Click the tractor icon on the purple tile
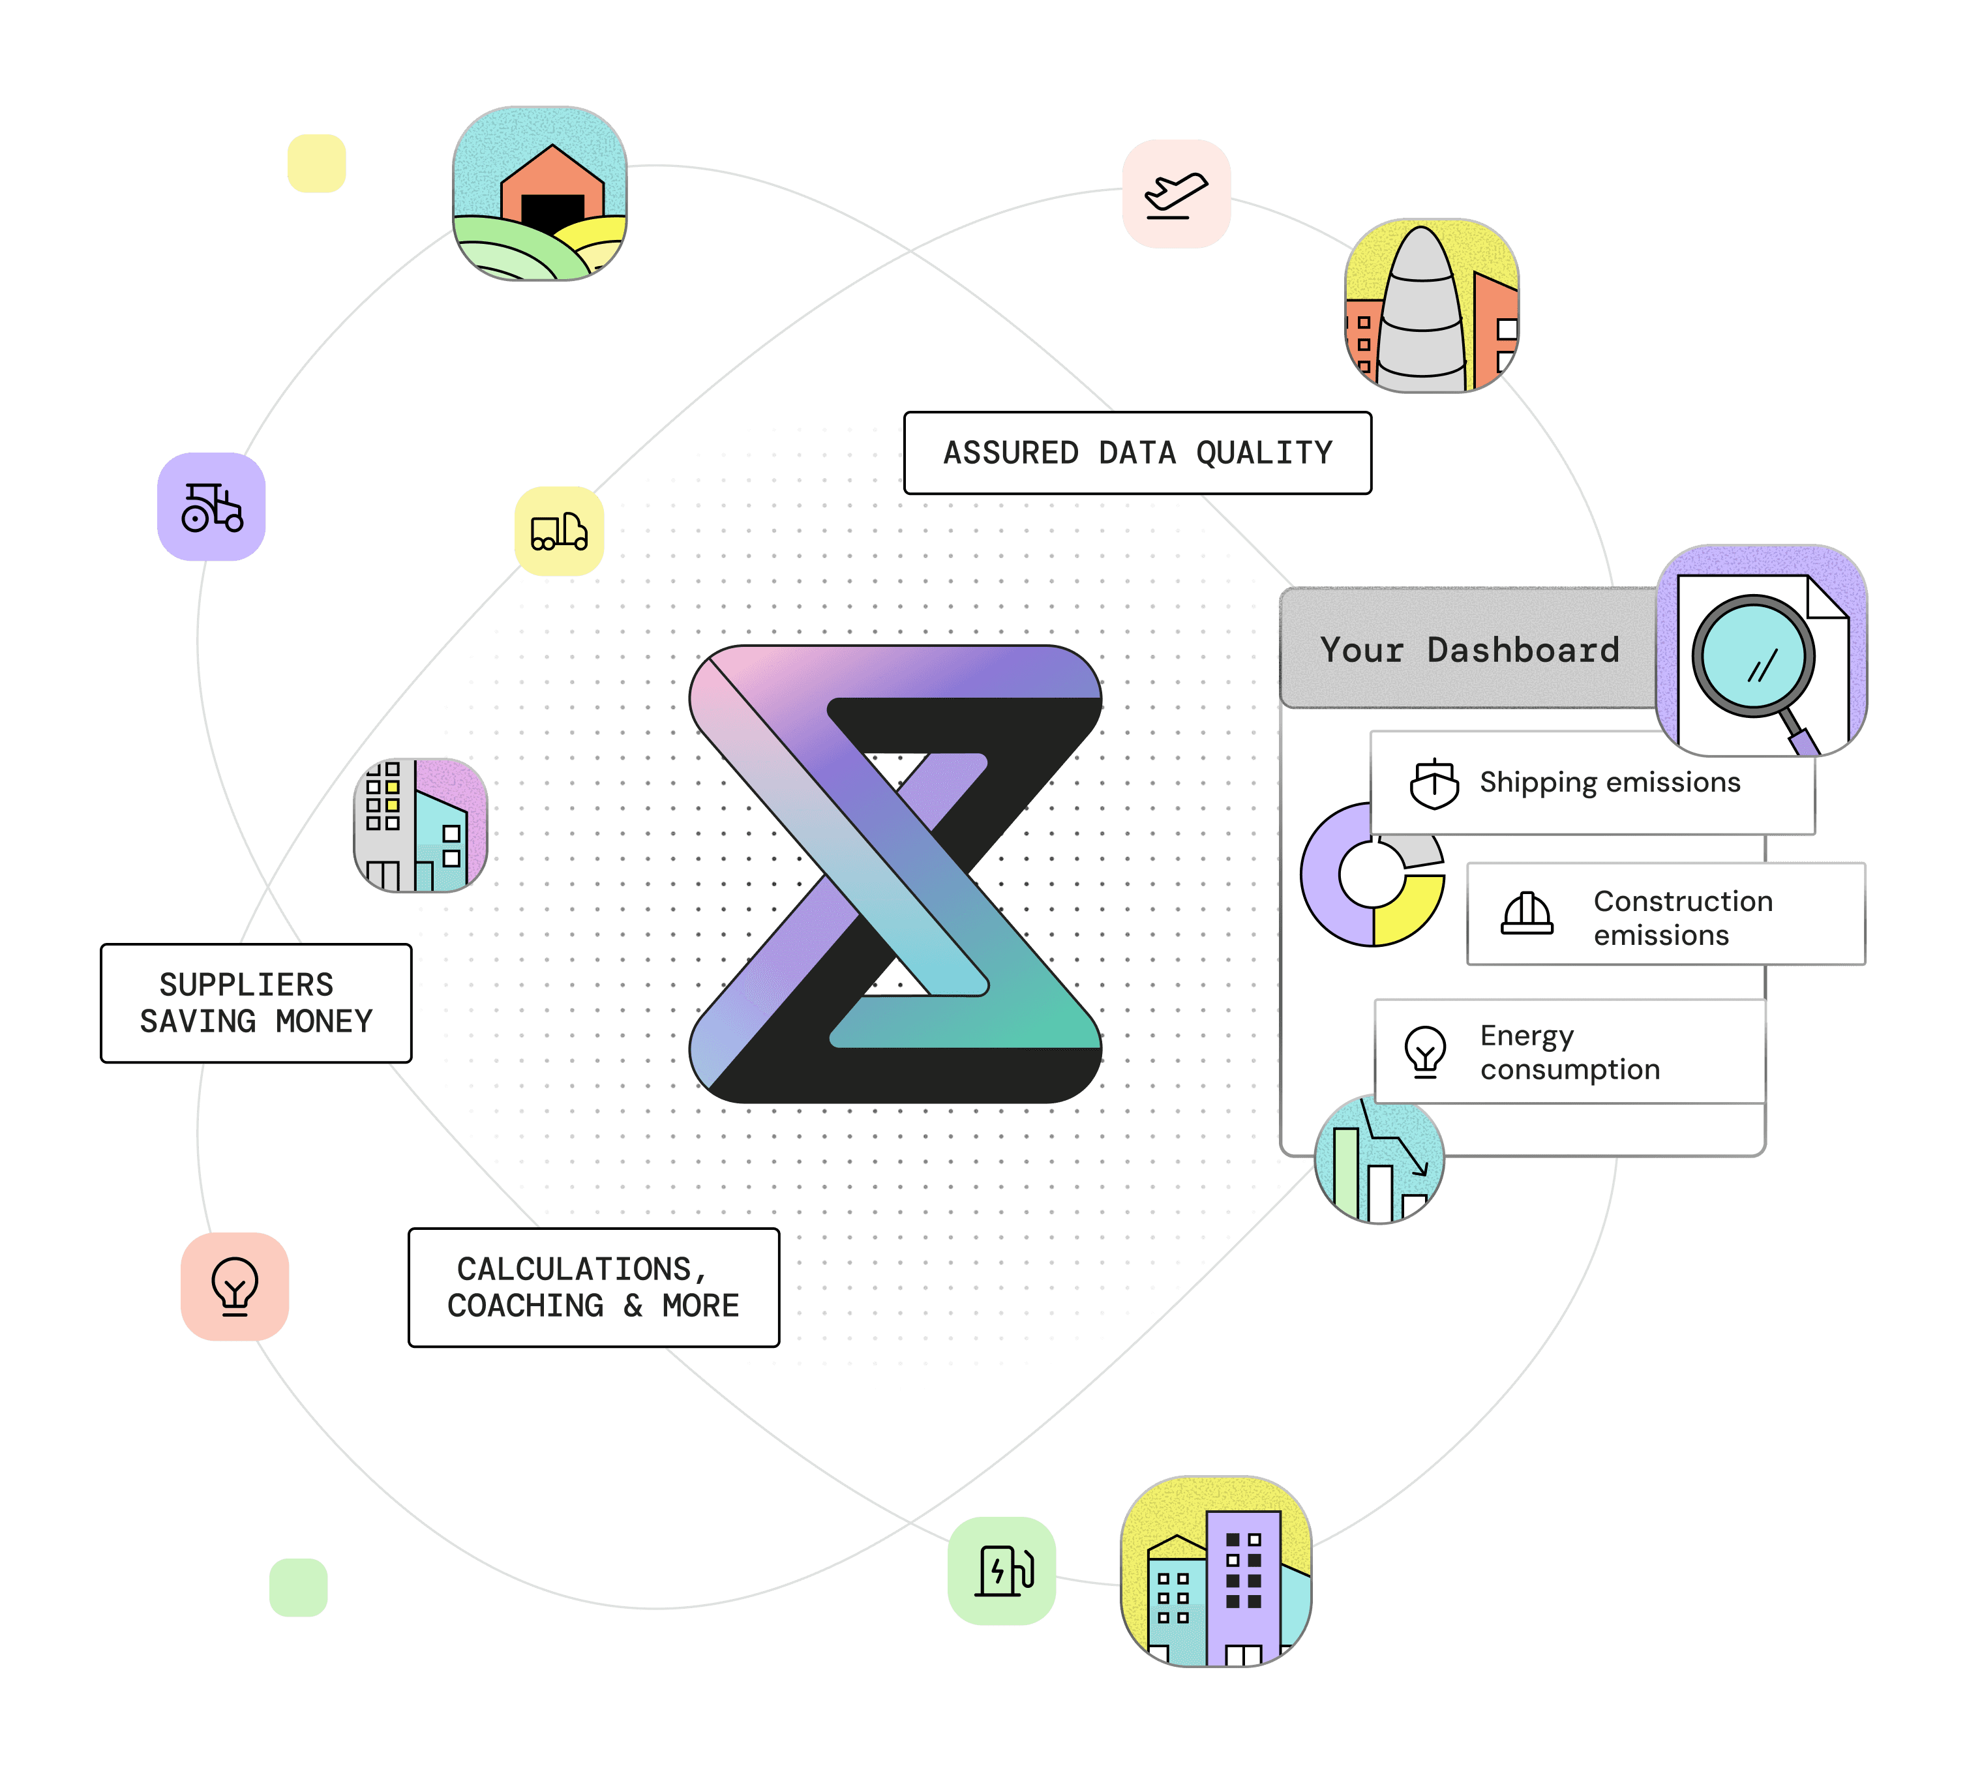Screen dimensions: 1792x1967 coord(212,507)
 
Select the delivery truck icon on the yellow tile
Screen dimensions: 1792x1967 coord(559,531)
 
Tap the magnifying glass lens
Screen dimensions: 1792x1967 coord(1753,657)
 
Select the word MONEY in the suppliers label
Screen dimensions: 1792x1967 coord(324,1021)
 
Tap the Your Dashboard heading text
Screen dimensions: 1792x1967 coord(1469,650)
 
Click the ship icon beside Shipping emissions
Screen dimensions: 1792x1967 coord(1434,783)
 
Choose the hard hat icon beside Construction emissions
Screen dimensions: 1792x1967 coord(1527,914)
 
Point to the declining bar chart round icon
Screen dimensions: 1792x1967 coord(1379,1161)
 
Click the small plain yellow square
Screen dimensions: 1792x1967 coord(317,164)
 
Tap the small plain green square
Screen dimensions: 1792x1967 coord(299,1587)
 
